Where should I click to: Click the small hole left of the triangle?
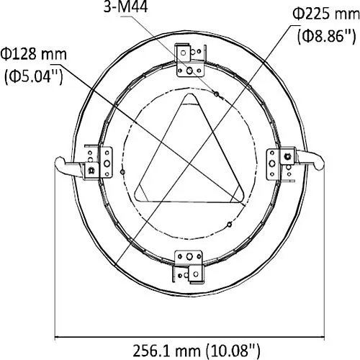pos(125,172)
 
